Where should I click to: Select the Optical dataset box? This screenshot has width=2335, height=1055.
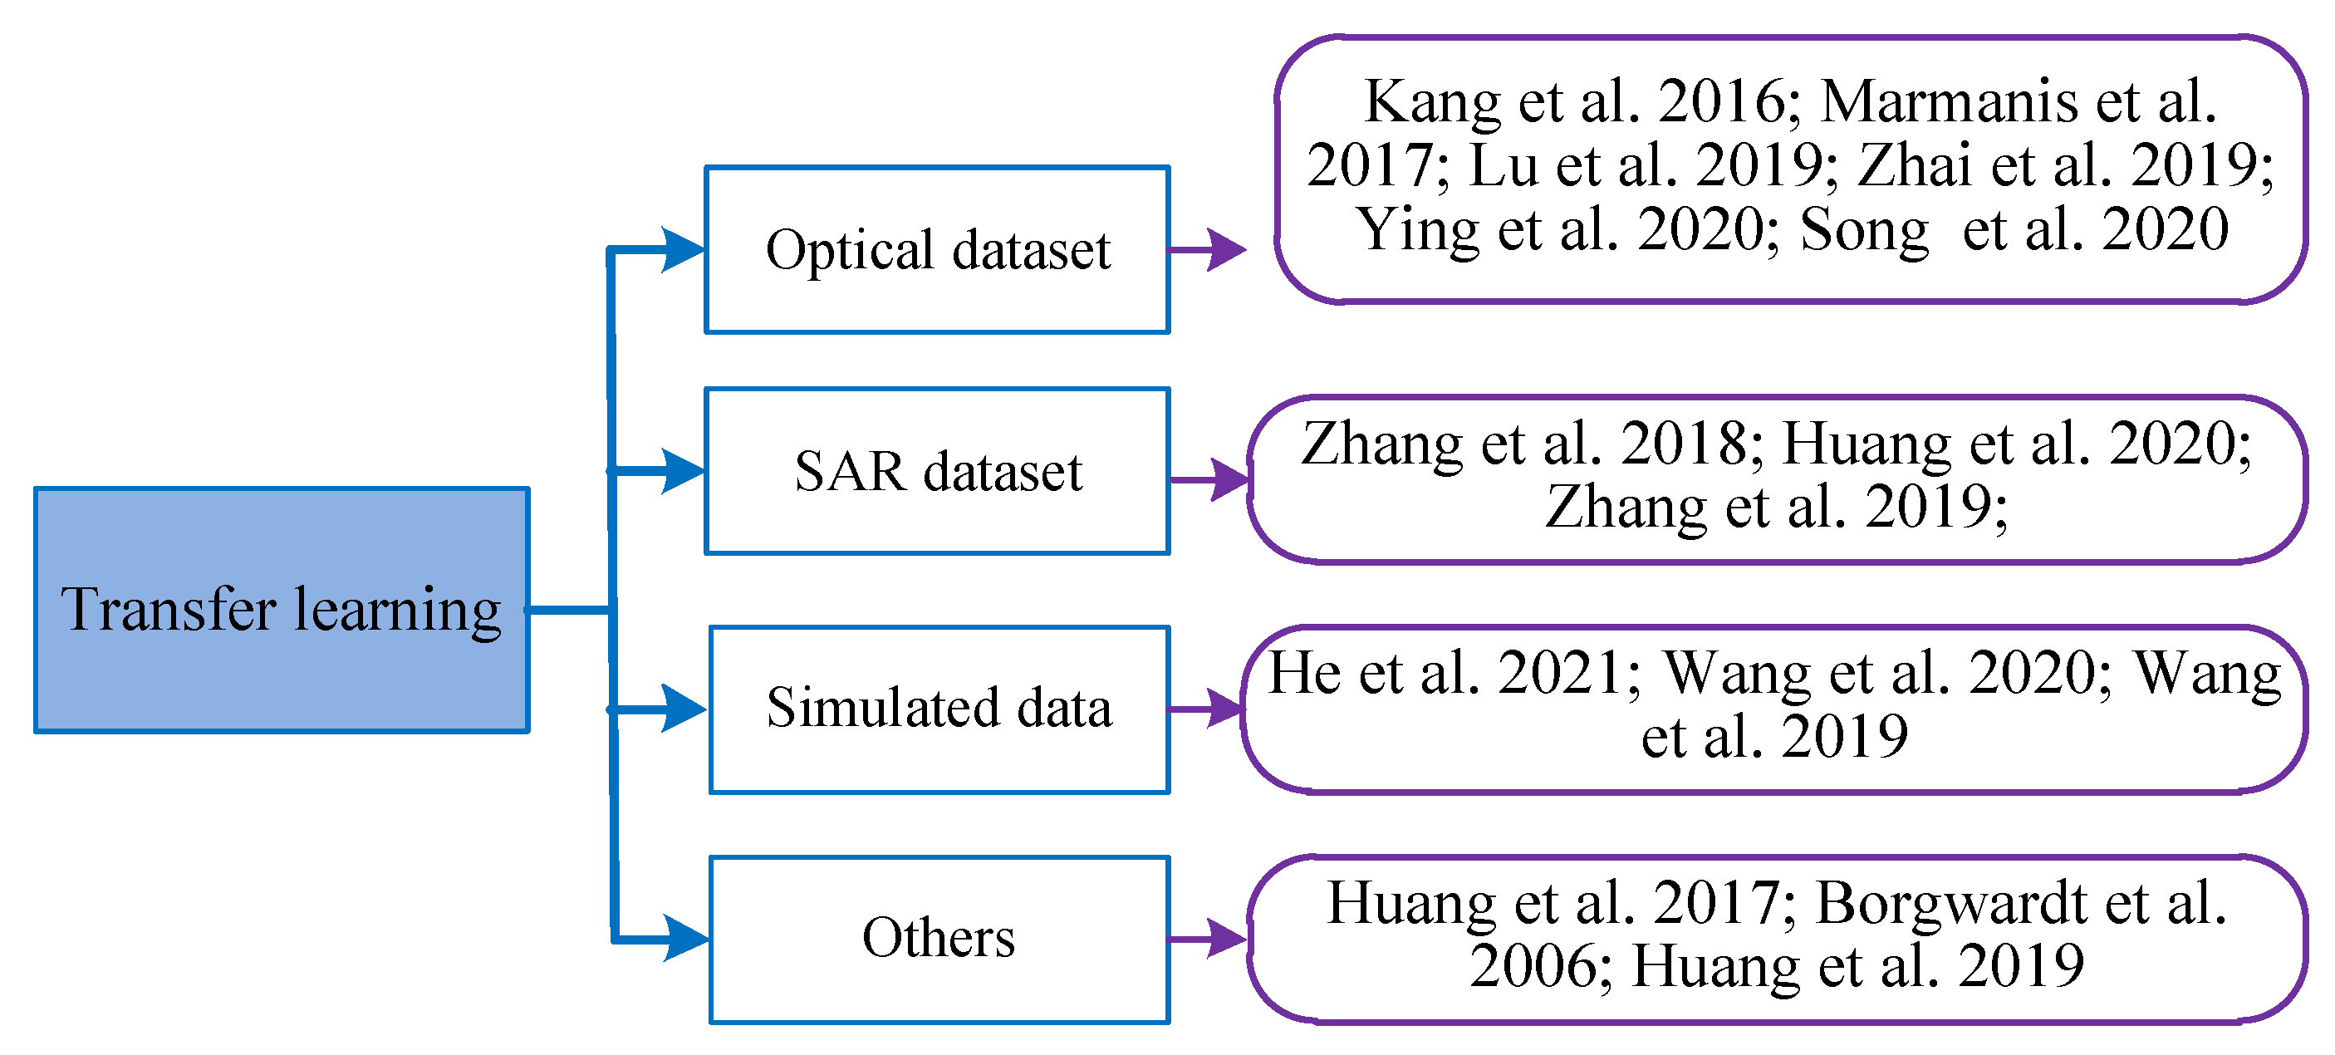(937, 249)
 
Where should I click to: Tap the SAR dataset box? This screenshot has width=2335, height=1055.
(937, 471)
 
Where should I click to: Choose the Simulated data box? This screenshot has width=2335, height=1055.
(939, 709)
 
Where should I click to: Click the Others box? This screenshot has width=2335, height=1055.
(939, 939)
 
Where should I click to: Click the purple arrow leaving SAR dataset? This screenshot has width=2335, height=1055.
(1209, 479)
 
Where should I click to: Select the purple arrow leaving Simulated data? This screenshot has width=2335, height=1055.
(1205, 709)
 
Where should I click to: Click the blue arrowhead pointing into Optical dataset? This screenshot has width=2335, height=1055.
(681, 249)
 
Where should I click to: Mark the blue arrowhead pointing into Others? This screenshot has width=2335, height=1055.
(684, 938)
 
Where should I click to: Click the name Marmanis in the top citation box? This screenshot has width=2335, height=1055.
(1949, 101)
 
